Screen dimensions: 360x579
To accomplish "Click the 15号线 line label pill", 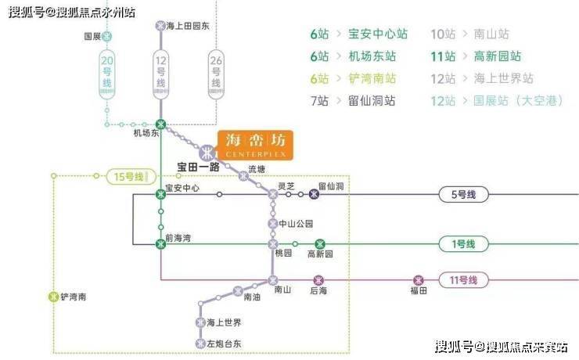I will tap(129, 177).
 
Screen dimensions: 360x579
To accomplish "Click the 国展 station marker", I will tap(107, 36).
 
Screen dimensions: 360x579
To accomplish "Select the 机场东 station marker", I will tap(161, 124).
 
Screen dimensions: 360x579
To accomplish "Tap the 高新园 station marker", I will tap(319, 244).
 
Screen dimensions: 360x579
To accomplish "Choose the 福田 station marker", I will tap(419, 279).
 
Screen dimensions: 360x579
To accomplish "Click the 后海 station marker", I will tap(318, 279).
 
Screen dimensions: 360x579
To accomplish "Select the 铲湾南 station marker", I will tap(53, 297).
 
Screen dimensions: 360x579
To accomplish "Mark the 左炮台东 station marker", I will tap(200, 343).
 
